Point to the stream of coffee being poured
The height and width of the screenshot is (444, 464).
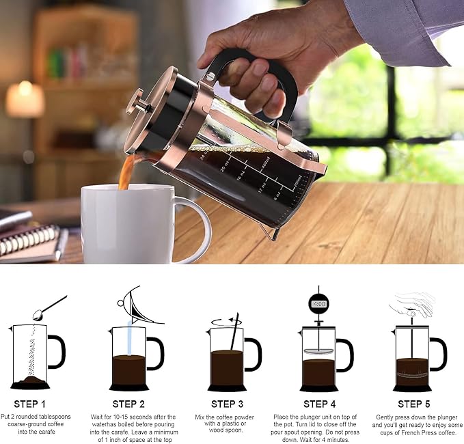pos(125,171)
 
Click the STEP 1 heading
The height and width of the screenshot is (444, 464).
pos(30,404)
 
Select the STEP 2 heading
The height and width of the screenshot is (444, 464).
pos(129,404)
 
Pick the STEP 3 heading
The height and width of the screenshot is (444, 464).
pos(228,404)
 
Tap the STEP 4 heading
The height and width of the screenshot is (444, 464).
pos(320,404)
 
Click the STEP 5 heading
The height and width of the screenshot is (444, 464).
pos(414,404)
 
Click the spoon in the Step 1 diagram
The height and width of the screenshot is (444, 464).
pos(48,308)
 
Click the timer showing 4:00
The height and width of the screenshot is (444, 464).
pos(318,302)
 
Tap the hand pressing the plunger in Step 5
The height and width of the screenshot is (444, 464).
pos(413,303)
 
